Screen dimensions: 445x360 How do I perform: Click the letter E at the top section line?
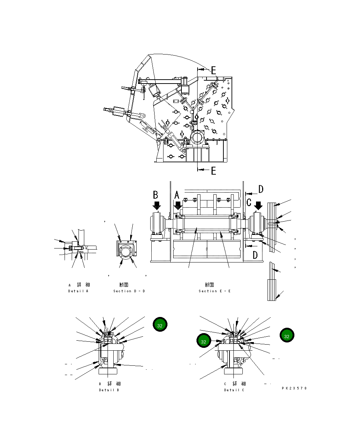click(213, 70)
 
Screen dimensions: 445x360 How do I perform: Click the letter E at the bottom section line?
click(213, 171)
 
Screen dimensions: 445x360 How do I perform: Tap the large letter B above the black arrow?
click(156, 195)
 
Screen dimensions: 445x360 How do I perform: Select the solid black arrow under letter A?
click(178, 206)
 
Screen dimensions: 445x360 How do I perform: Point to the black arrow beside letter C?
click(258, 206)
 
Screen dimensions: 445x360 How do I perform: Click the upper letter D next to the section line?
click(261, 189)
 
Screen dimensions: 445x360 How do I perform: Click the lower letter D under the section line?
click(255, 255)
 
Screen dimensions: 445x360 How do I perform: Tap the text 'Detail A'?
click(78, 291)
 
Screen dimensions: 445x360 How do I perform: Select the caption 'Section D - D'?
click(129, 291)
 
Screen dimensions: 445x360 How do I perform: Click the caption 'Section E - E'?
click(215, 291)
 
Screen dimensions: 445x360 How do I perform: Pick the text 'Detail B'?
click(109, 390)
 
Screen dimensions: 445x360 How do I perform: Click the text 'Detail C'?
click(234, 390)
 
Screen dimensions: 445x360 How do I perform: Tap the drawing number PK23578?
click(294, 388)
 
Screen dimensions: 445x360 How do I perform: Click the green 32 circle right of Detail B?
click(160, 325)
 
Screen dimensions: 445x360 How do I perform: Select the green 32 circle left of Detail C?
click(204, 341)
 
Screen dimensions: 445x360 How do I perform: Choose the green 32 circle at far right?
click(287, 336)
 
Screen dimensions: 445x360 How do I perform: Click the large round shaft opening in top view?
click(197, 138)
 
